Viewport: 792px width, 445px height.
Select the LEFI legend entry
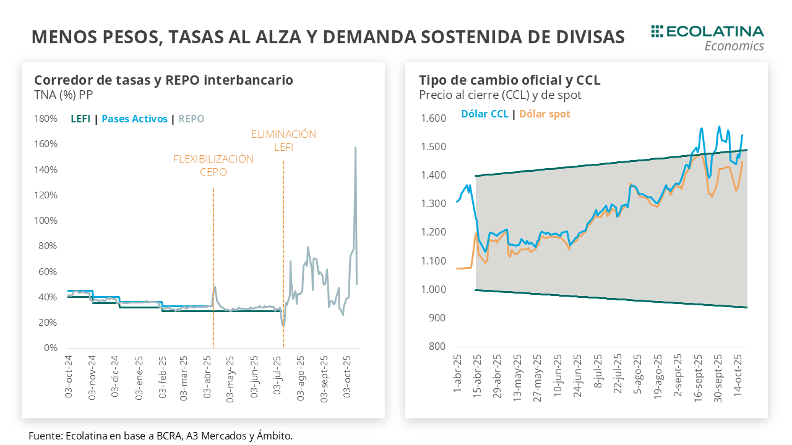(x=80, y=119)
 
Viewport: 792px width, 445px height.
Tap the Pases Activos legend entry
(x=134, y=119)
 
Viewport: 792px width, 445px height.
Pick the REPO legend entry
(x=191, y=119)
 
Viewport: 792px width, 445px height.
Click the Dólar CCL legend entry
(x=484, y=114)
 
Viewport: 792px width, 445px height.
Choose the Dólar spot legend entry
(x=544, y=114)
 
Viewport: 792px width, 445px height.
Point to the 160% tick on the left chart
(x=46, y=144)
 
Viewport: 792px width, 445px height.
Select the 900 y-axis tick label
(x=437, y=318)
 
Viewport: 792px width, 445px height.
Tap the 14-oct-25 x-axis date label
(x=738, y=377)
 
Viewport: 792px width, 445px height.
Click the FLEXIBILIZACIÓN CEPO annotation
(x=213, y=165)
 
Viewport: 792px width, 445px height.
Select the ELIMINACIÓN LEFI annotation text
(x=283, y=140)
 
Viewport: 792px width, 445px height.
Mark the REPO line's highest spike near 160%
(x=355, y=148)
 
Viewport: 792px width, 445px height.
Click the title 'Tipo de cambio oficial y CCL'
(x=509, y=80)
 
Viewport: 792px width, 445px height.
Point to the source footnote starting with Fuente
(x=160, y=436)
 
